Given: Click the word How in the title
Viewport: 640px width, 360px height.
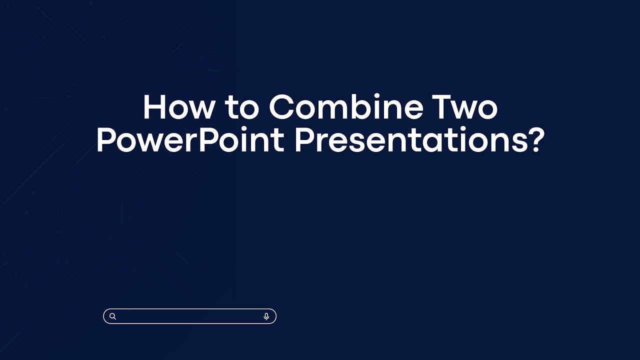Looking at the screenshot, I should pyautogui.click(x=179, y=107).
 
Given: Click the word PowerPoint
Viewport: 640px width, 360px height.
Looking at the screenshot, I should pyautogui.click(x=190, y=141).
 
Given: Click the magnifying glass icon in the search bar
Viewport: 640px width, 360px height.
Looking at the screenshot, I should pyautogui.click(x=113, y=316).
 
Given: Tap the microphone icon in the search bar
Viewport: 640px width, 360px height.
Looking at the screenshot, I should pyautogui.click(x=266, y=316).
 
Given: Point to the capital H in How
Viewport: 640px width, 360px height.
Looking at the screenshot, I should pyautogui.click(x=154, y=107).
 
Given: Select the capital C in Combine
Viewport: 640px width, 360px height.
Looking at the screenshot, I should pyautogui.click(x=282, y=107).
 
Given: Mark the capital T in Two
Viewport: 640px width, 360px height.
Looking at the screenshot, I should pyautogui.click(x=443, y=107).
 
